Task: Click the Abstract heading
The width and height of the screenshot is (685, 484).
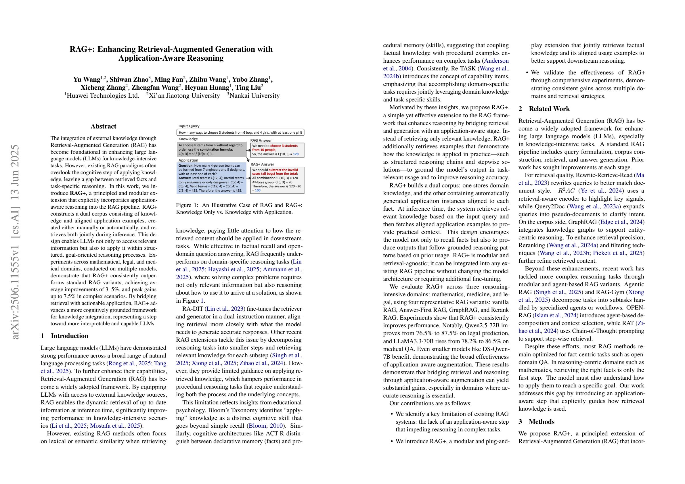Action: [x=103, y=126]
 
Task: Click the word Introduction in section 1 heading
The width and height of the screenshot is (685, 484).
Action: [x=70, y=336]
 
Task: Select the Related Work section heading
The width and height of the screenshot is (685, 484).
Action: [x=549, y=109]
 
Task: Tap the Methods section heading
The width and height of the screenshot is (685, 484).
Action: [x=542, y=422]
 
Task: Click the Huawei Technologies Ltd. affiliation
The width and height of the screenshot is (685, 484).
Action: [x=103, y=96]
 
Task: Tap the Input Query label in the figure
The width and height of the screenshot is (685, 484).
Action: [x=189, y=126]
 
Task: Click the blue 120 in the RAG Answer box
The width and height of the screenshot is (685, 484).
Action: [x=296, y=154]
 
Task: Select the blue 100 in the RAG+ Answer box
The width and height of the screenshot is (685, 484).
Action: [x=257, y=190]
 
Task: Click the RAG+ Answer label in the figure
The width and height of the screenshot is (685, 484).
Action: [x=262, y=164]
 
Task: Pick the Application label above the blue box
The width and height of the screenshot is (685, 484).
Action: [x=188, y=160]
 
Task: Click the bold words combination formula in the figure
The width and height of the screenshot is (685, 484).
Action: [x=216, y=149]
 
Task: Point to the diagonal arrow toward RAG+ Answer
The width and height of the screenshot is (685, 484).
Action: [x=248, y=160]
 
